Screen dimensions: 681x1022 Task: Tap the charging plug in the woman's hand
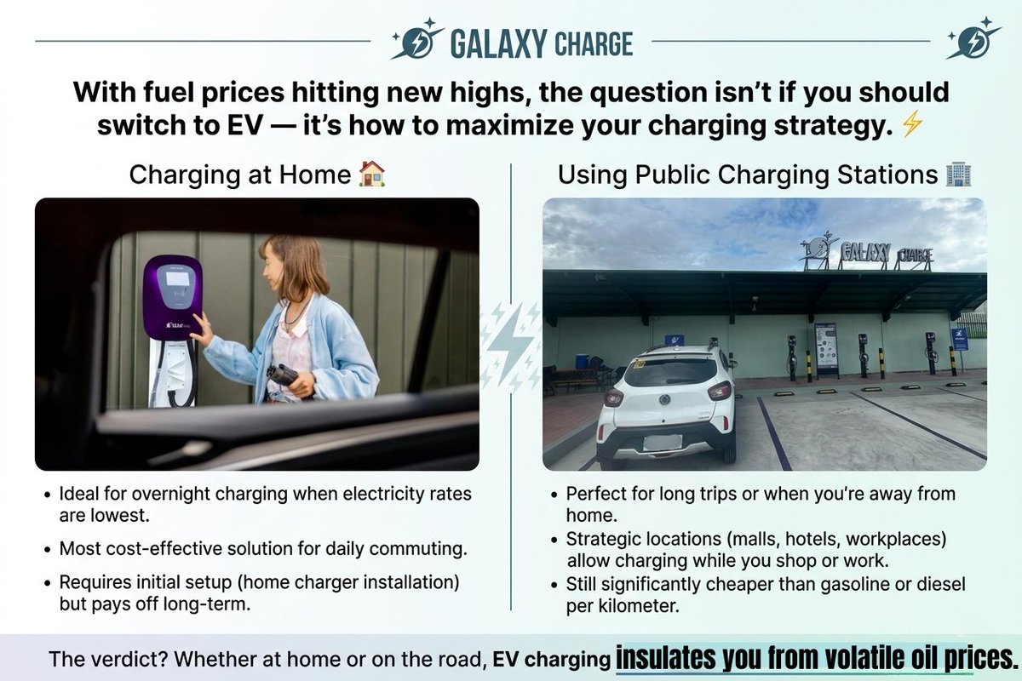[284, 375]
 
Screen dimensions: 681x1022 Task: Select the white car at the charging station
[666, 403]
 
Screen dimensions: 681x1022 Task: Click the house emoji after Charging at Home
[372, 175]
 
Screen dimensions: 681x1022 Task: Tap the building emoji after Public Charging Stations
[959, 175]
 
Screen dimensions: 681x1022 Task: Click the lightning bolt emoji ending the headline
[911, 126]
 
